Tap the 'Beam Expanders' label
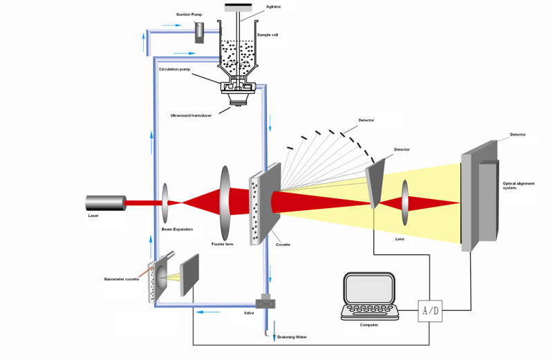(x=176, y=228)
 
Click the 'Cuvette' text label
(x=283, y=245)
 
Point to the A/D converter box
(x=429, y=310)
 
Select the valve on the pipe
(x=265, y=303)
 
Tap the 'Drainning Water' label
(x=292, y=337)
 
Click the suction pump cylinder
(x=200, y=31)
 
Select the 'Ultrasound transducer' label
(x=191, y=115)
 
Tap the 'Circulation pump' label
(x=174, y=69)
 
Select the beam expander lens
(x=165, y=202)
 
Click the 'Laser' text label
(x=93, y=216)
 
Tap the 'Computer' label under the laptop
(x=368, y=324)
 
